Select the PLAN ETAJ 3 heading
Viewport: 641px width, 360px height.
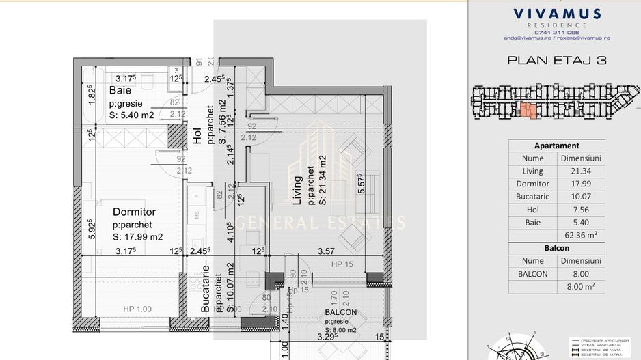point(556,60)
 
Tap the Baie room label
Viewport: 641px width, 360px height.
point(120,90)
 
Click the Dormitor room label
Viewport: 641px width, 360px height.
point(134,212)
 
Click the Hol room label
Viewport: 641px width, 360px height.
point(198,137)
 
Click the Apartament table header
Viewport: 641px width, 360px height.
point(556,146)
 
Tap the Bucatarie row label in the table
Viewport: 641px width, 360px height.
point(532,197)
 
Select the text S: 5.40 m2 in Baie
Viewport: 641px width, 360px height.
point(132,115)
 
